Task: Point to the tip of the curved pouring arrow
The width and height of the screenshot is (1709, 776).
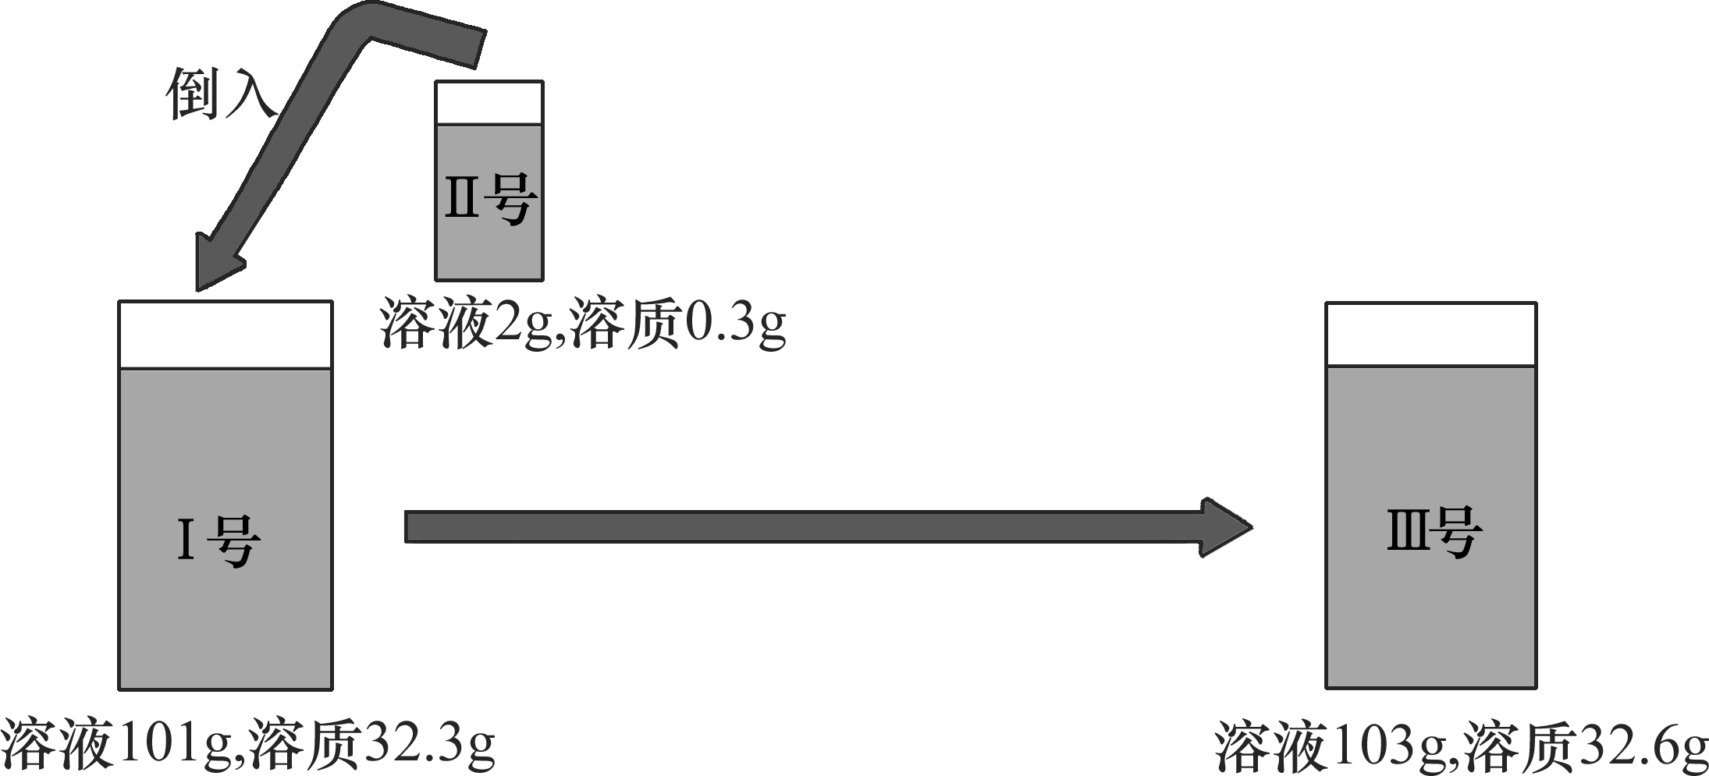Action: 197,290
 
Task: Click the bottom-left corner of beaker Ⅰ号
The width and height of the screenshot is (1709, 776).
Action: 119,689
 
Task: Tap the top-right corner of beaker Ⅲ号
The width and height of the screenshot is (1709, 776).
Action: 1537,303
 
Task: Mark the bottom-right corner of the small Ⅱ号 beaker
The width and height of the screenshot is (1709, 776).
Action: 543,279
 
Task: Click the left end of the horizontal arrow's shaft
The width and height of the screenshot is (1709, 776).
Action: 405,527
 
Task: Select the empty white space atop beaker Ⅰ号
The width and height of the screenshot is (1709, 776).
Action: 226,335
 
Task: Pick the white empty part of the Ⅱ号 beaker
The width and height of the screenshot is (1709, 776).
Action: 489,103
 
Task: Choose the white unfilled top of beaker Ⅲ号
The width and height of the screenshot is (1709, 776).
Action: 1431,335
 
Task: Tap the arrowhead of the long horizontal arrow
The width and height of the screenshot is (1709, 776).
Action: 1227,527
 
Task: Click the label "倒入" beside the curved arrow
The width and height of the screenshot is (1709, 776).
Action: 221,94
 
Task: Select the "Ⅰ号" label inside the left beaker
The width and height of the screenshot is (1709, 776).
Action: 219,540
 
